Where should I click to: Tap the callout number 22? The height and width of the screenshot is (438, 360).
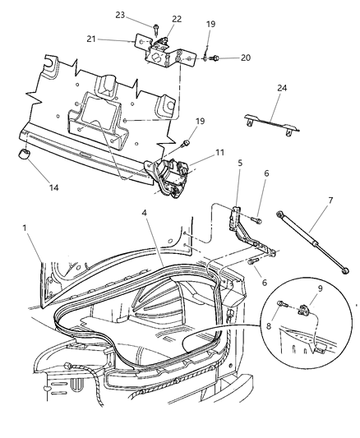[177, 19]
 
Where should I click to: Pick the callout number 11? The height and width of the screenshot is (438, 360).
[219, 153]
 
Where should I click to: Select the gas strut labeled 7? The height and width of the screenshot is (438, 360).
[316, 246]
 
